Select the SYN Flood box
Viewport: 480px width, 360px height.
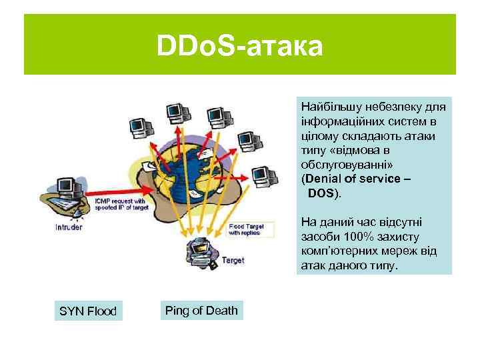pyautogui.click(x=88, y=311)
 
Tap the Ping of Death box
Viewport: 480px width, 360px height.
pyautogui.click(x=201, y=311)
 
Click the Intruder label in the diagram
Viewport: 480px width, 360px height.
pyautogui.click(x=69, y=227)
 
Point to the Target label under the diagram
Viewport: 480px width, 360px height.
pyautogui.click(x=233, y=260)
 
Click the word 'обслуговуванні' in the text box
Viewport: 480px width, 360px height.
pyautogui.click(x=339, y=166)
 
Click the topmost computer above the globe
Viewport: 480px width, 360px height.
pyautogui.click(x=175, y=112)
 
